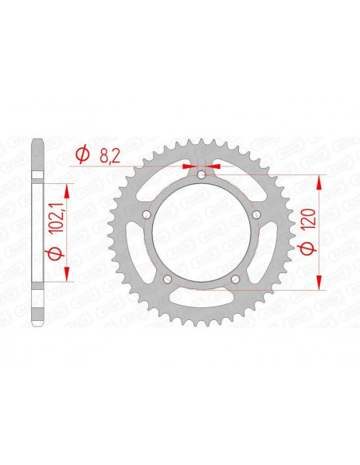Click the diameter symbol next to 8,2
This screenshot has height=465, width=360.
[82, 157]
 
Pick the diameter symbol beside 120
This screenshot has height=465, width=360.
[306, 249]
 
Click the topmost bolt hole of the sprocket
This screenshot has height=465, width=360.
[202, 174]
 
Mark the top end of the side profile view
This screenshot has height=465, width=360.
[37, 143]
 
